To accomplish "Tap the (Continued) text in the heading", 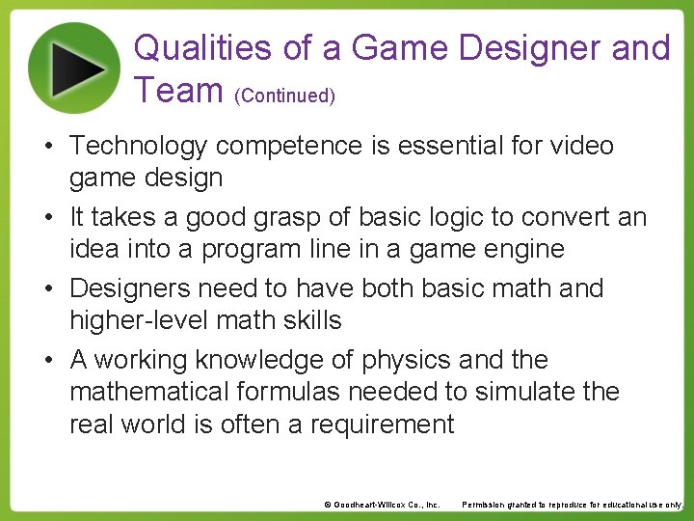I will (285, 96).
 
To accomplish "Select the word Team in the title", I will (178, 90).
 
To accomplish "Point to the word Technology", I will (139, 147).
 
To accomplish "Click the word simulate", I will (510, 392).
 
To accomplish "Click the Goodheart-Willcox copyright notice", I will (382, 505).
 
